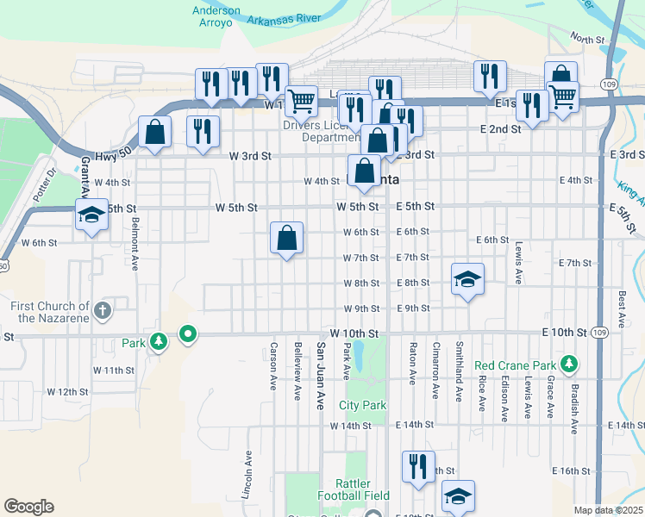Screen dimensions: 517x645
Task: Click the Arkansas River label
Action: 285,16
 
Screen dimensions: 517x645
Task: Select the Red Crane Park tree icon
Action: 568,364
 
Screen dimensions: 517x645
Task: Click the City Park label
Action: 362,405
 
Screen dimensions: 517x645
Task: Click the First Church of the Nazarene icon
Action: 102,310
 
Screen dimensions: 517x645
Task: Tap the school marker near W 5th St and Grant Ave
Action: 91,215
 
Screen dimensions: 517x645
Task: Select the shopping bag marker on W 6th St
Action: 287,238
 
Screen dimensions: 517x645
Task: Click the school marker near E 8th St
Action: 467,280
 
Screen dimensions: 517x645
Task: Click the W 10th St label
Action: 354,333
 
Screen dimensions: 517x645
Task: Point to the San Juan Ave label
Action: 320,375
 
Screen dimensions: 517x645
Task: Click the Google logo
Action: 28,507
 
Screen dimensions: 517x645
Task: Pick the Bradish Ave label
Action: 573,397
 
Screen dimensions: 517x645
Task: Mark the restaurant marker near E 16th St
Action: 418,466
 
